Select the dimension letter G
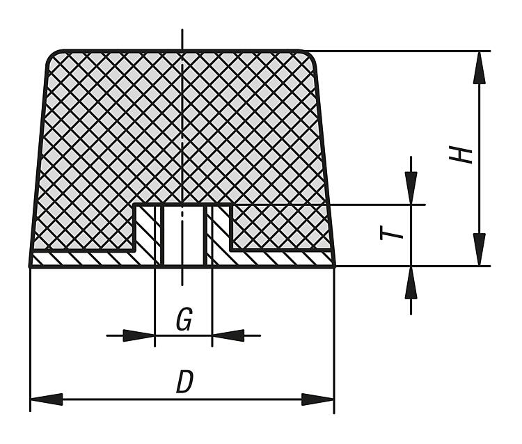point(184,320)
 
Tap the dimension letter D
point(184,382)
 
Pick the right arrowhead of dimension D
point(318,399)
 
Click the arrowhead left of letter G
point(139,335)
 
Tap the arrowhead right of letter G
point(228,335)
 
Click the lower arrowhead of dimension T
point(411,283)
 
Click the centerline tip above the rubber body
point(182,33)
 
